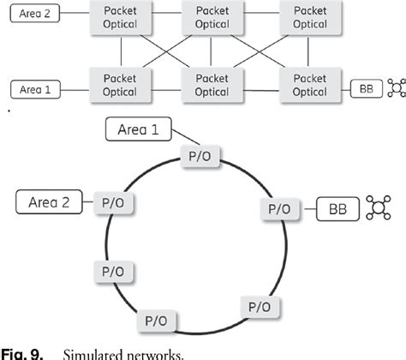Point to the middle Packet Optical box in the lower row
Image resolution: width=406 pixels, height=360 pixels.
coord(212,84)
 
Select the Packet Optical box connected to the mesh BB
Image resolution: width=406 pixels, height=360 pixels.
coord(309,84)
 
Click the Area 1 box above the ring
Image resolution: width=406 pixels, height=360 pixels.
coord(138,131)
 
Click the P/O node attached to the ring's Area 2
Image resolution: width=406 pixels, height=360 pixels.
coord(111,204)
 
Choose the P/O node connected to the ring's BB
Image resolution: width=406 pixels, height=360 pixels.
coord(278,207)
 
